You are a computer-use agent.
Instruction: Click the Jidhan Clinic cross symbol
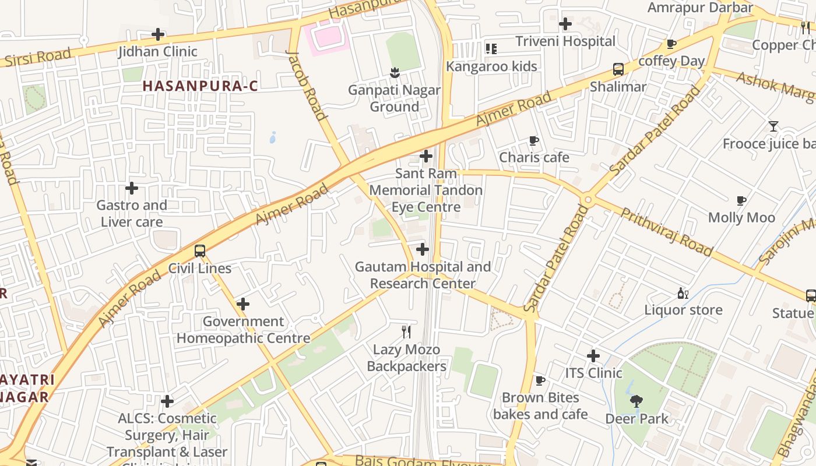point(158,34)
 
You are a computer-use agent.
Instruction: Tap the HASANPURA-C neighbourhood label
point(200,86)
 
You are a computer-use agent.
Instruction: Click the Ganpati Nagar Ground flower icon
point(395,73)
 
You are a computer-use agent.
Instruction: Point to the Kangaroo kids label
point(491,66)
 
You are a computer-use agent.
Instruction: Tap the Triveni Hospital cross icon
point(565,24)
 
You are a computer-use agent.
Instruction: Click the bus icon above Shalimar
point(618,69)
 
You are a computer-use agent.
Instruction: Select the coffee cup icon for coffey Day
point(671,44)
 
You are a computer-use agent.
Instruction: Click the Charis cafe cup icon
point(533,140)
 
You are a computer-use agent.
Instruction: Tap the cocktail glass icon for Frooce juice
point(773,126)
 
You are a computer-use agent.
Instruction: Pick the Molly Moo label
point(741,218)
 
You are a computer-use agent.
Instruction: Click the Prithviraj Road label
point(666,232)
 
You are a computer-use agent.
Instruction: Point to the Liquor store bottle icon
point(683,293)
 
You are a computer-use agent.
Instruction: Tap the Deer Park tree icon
point(636,401)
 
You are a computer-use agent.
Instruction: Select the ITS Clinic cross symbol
point(593,355)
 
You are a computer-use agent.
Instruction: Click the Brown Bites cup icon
point(540,380)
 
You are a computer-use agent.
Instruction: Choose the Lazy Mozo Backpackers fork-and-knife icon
point(407,332)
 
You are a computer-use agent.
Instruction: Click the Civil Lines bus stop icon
point(200,251)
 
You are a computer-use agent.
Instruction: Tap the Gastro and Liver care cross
point(132,188)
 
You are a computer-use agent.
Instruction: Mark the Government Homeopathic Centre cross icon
point(243,304)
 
